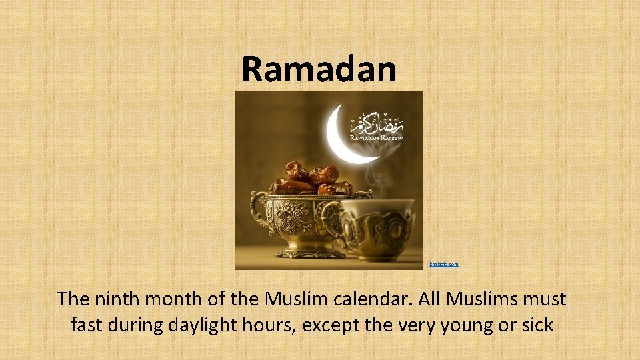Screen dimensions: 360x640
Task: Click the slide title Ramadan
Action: click(319, 69)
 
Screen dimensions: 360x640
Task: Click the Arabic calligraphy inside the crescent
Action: click(377, 123)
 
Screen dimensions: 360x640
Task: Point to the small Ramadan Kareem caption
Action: click(377, 137)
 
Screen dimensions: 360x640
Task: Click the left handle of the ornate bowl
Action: click(258, 207)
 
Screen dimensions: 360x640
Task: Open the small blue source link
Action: click(445, 265)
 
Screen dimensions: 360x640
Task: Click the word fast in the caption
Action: click(85, 325)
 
